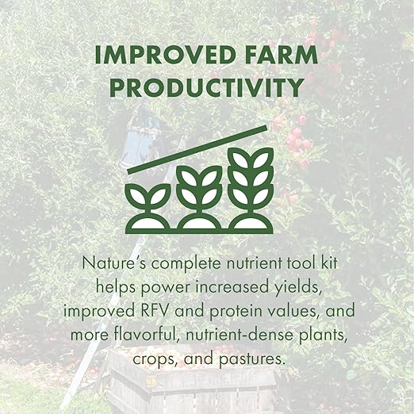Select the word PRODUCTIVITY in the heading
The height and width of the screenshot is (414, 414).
coord(206,87)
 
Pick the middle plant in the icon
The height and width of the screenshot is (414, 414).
coord(198,198)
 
